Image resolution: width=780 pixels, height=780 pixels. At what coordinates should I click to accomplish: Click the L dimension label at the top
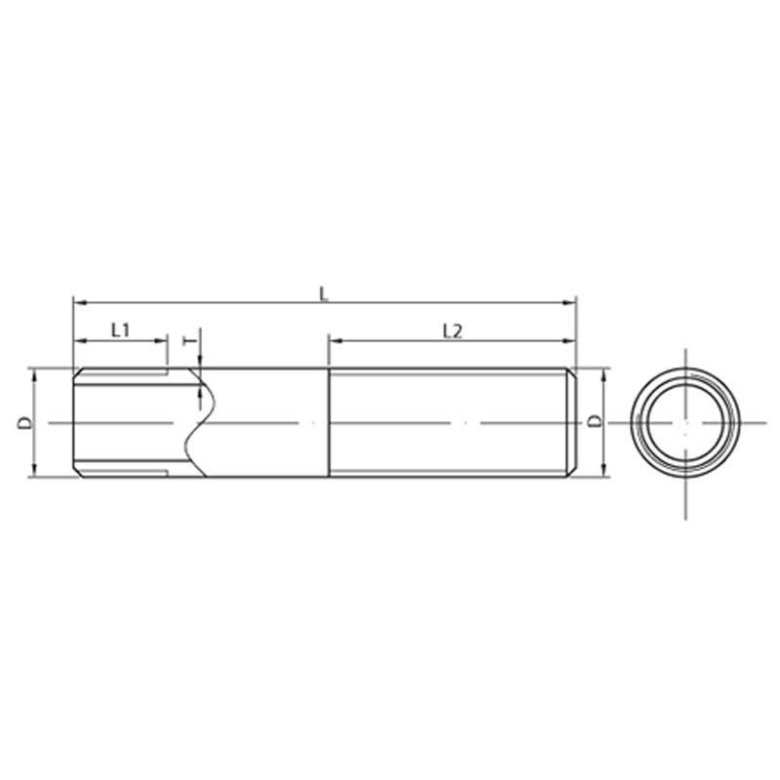point(325,294)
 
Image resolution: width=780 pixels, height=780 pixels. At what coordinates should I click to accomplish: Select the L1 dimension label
point(120,330)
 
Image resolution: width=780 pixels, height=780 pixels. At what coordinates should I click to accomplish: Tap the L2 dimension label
point(452,331)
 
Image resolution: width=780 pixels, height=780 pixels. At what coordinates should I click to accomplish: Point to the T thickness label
point(189,340)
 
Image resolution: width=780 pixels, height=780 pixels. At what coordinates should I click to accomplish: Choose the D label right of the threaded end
point(594,421)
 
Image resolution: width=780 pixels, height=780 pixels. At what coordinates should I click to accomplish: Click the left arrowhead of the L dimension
point(80,302)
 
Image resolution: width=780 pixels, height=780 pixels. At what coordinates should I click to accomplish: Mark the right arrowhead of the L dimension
point(568,302)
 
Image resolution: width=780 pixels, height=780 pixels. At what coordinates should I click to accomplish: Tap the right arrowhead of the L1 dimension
point(161,340)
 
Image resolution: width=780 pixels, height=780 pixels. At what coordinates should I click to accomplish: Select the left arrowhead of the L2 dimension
point(336,340)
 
